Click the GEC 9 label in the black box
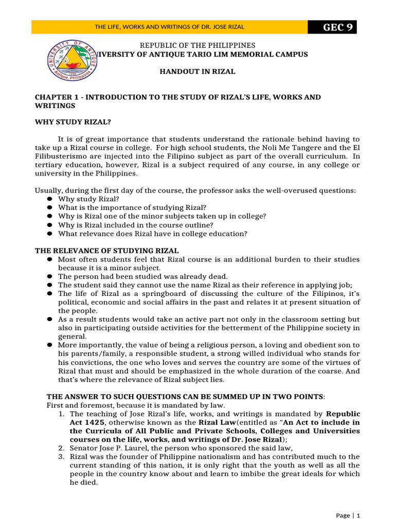click(337, 27)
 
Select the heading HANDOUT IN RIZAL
click(197, 72)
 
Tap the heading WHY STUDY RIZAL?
click(73, 122)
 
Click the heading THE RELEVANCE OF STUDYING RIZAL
click(106, 251)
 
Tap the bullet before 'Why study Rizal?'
click(50, 199)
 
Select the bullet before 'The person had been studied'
click(50, 277)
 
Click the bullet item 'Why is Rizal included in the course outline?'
click(135, 225)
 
